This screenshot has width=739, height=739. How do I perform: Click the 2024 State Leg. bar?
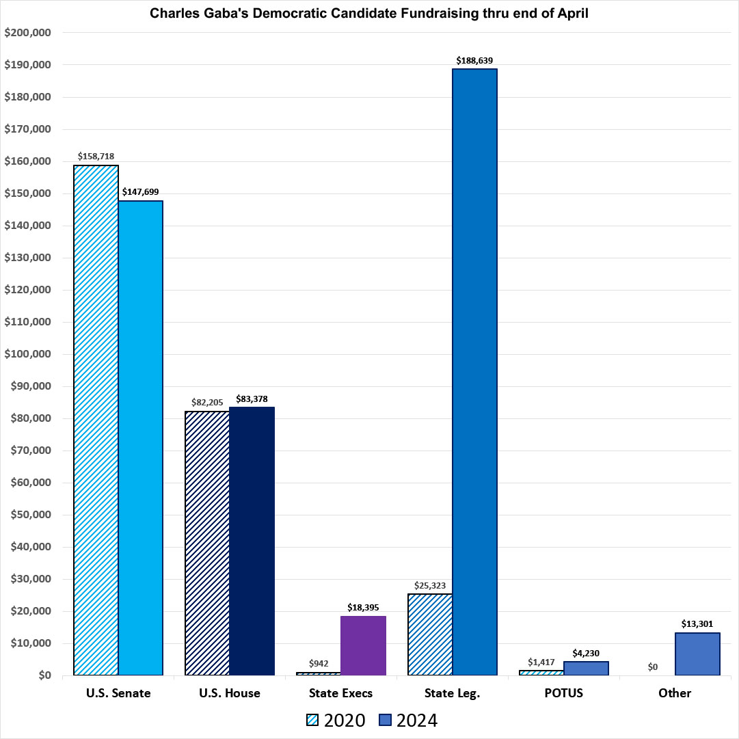pos(474,372)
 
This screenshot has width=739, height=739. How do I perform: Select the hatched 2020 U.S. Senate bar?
pos(96,420)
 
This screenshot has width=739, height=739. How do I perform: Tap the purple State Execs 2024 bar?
pos(364,645)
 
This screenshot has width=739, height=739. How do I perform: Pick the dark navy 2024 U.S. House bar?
pos(252,541)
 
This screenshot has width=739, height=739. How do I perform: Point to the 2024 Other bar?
pos(697,654)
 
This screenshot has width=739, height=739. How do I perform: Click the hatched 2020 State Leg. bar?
pos(430,634)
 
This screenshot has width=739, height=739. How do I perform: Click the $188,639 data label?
pos(474,60)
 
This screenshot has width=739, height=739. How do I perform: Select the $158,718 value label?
pos(96,157)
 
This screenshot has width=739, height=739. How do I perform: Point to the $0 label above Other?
pos(652,667)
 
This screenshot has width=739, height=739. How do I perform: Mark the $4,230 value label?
pos(586,653)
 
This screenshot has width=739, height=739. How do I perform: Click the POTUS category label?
pos(564,693)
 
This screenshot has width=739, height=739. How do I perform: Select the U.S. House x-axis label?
pos(230,693)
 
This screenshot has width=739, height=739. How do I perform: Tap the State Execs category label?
pos(341,693)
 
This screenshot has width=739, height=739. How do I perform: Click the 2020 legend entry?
pos(336,720)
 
